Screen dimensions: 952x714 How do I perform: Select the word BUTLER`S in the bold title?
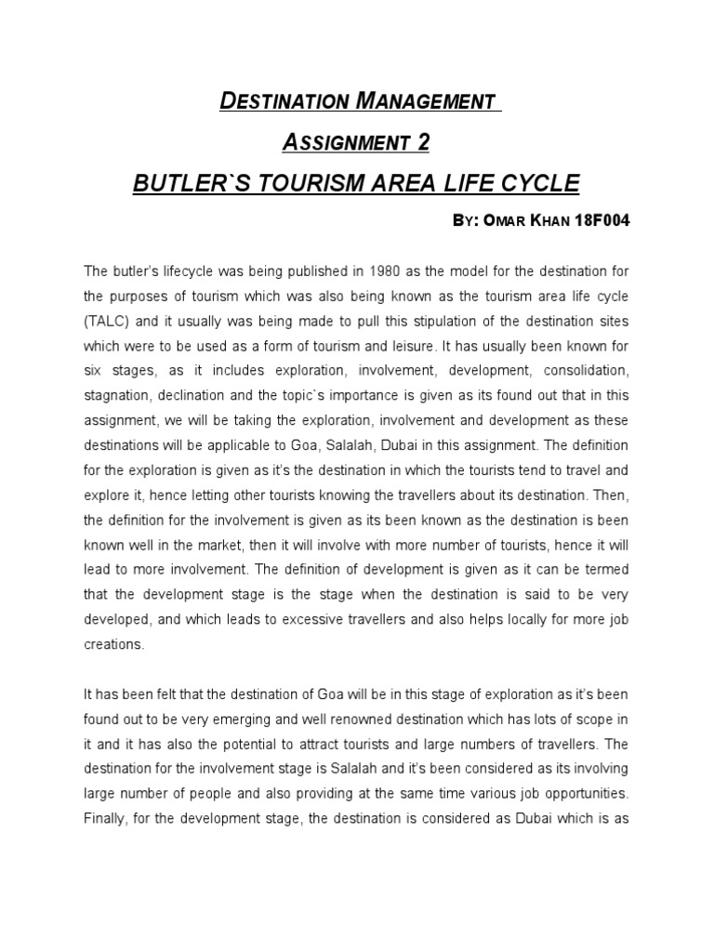coord(184,183)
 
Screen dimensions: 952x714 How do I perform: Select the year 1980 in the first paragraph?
coord(390,271)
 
